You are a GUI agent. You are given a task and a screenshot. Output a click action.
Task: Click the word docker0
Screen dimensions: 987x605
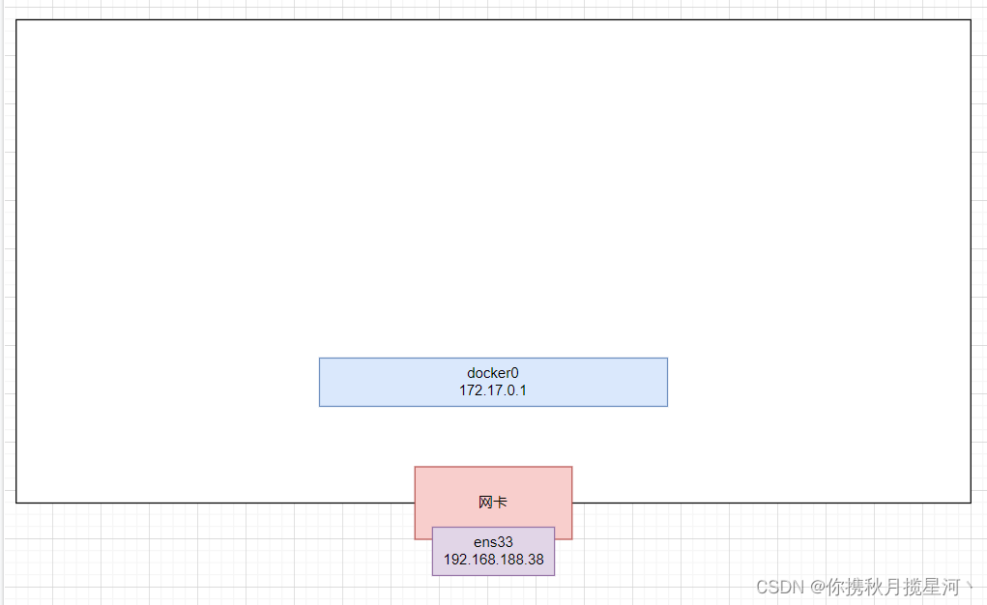(493, 373)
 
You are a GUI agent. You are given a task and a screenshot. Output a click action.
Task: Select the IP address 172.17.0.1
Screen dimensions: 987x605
(493, 390)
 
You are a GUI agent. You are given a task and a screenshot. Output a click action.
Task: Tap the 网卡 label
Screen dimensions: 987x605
(493, 503)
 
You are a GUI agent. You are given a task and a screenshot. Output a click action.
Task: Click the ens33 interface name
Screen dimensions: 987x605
(493, 542)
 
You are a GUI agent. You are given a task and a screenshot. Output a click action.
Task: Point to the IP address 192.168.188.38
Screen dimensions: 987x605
(493, 560)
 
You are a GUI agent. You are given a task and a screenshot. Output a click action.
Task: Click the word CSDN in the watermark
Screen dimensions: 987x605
(780, 588)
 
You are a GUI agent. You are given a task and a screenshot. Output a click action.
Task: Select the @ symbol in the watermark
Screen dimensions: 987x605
(818, 588)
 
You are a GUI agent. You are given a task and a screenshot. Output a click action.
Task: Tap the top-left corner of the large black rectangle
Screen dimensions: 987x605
(16, 20)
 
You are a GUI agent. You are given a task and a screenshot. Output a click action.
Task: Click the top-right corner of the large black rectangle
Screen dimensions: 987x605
(971, 20)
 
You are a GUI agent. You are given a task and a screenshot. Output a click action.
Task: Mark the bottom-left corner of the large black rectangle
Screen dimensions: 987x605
(16, 503)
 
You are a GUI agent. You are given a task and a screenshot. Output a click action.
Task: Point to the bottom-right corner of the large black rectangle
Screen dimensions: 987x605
(971, 503)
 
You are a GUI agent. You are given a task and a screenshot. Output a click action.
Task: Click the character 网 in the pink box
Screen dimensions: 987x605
(485, 503)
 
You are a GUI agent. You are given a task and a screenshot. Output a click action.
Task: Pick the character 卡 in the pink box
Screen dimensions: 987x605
(501, 503)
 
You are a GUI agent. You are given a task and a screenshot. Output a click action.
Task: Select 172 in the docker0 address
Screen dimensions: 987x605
(470, 390)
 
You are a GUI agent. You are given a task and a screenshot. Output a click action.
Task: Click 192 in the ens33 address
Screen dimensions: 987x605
(454, 560)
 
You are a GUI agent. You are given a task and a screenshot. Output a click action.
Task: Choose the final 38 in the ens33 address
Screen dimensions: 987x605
(535, 560)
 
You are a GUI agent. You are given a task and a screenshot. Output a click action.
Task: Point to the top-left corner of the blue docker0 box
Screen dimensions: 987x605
(320, 359)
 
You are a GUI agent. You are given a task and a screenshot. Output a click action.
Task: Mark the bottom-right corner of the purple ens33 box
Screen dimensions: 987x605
(555, 575)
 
